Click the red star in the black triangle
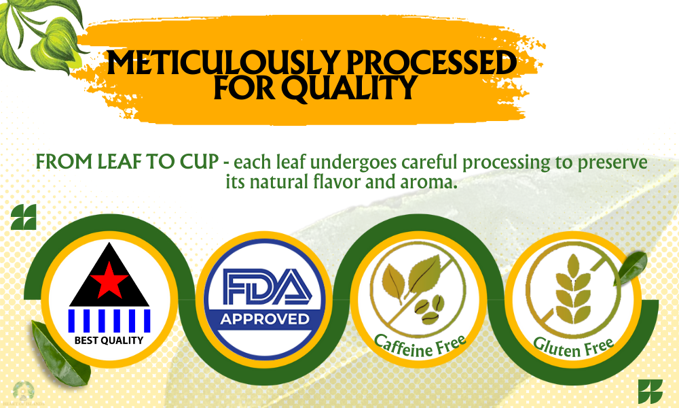(x=109, y=279)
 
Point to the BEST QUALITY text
(x=109, y=341)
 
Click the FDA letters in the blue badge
(x=267, y=286)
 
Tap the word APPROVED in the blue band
(x=265, y=320)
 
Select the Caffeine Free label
(x=420, y=345)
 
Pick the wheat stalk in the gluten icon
(x=573, y=289)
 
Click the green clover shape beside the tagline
(x=23, y=217)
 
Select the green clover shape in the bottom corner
(x=650, y=392)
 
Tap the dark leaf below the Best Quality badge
(x=59, y=354)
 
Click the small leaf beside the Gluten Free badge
(x=631, y=268)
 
